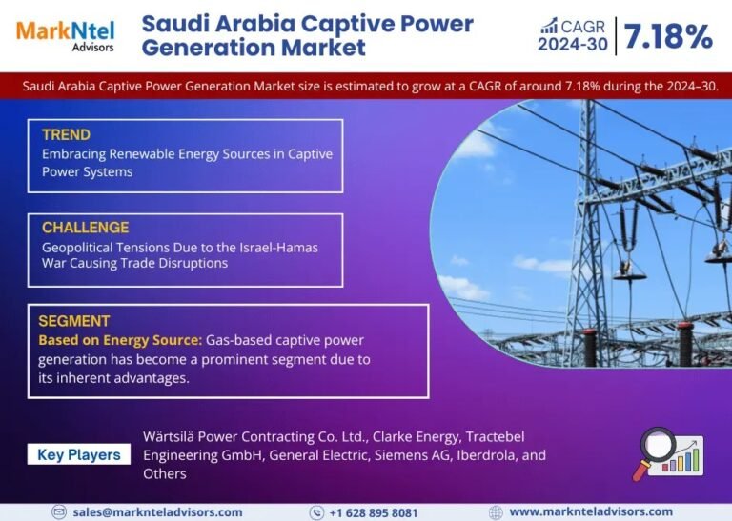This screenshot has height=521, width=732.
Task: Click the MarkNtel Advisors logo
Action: pyautogui.click(x=66, y=36)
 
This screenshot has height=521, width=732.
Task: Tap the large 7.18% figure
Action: pyautogui.click(x=668, y=36)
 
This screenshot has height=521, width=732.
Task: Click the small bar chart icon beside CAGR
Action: pyautogui.click(x=549, y=26)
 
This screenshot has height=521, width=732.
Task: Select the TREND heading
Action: pyautogui.click(x=67, y=135)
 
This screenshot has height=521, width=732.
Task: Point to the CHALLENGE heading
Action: pyautogui.click(x=86, y=227)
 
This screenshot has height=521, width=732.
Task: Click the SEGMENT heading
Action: pyautogui.click(x=74, y=321)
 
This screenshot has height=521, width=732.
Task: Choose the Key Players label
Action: pyautogui.click(x=79, y=454)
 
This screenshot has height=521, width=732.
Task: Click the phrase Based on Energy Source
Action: pyautogui.click(x=120, y=340)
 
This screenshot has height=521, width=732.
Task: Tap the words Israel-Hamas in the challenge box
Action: pyautogui.click(x=278, y=248)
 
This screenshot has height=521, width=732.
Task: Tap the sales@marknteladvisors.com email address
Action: pyautogui.click(x=158, y=512)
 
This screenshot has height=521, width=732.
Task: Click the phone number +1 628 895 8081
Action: pyautogui.click(x=374, y=512)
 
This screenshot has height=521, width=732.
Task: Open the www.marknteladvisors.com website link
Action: pyautogui.click(x=591, y=511)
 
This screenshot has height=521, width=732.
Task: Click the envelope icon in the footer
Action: pyautogui.click(x=59, y=512)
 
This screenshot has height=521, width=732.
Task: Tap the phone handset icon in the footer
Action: pyautogui.click(x=316, y=512)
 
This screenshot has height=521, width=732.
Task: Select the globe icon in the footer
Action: pyautogui.click(x=496, y=512)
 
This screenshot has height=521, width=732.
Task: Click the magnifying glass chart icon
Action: pyautogui.click(x=667, y=453)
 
